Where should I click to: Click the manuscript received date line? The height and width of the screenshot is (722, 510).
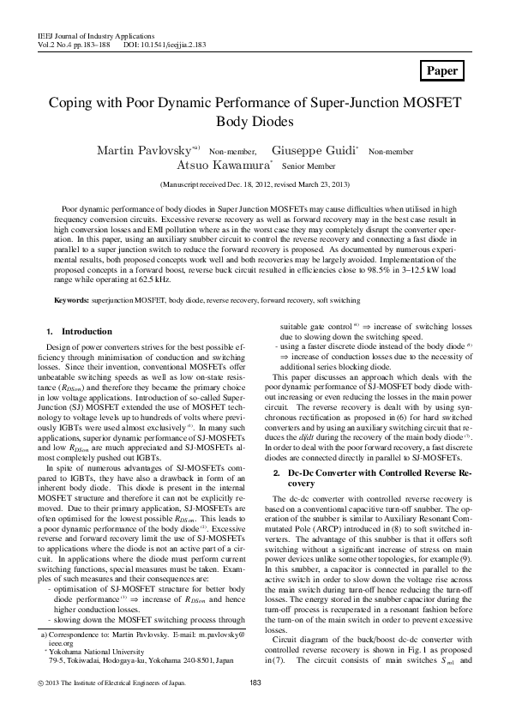[255, 184]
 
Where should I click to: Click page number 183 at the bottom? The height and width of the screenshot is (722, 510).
[255, 706]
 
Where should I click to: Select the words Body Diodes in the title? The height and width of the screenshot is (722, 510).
[255, 123]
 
